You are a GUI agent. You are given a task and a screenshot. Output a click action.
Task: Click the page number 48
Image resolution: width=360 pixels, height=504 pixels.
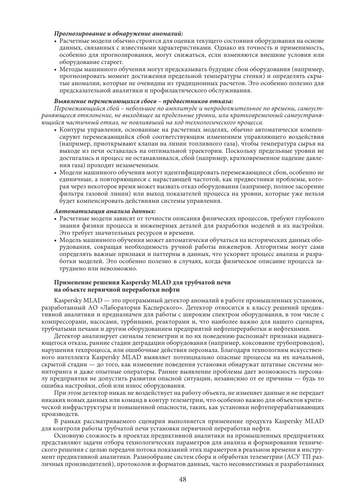[183, 480]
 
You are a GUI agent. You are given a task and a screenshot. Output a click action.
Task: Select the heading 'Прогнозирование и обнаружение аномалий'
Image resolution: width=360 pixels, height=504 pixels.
[119, 34]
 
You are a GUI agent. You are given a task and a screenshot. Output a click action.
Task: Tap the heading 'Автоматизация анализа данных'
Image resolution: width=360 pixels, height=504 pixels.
[105, 210]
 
